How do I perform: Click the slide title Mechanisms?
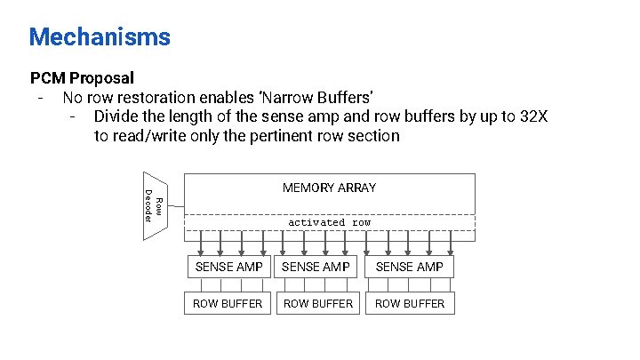[x=100, y=37]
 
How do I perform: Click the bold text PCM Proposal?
[x=82, y=77]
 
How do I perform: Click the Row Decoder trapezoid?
[x=153, y=204]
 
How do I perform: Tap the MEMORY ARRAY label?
[x=329, y=188]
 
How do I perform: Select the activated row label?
[x=329, y=222]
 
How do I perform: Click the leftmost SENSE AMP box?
[x=228, y=267]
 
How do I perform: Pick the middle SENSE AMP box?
[x=317, y=267]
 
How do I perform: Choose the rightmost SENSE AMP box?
[x=410, y=267]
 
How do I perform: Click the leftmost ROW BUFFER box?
[x=228, y=303]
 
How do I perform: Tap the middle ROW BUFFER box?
[x=317, y=303]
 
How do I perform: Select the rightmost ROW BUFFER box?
[x=410, y=303]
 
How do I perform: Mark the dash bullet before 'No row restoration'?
[x=40, y=97]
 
